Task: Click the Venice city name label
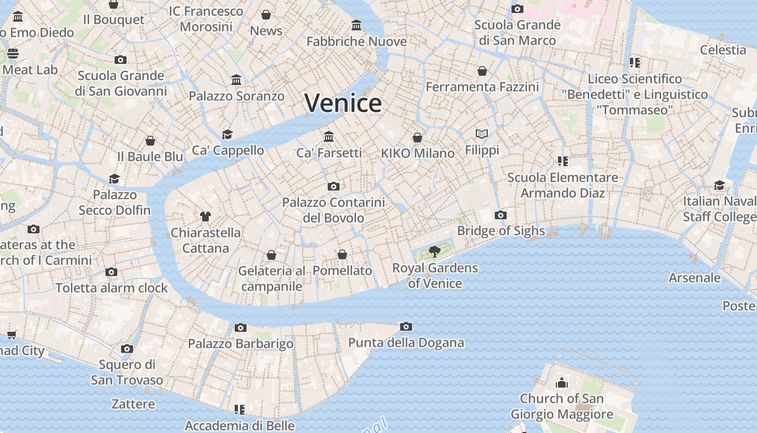point(343,103)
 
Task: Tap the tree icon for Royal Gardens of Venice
point(434,251)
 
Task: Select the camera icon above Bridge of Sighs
point(500,215)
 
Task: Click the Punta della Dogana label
point(406,343)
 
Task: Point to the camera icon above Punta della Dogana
point(406,326)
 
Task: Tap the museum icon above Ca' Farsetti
point(329,136)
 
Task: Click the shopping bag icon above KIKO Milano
point(417,137)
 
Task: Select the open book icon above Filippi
point(482,134)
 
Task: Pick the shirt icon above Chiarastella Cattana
point(205,216)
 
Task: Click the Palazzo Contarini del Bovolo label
point(334,210)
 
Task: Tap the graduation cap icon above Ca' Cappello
point(228,134)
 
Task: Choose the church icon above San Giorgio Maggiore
point(562,383)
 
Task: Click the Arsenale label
point(695,278)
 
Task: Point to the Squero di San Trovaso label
point(127,372)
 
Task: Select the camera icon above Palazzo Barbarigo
point(241,327)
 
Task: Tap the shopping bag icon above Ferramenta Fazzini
point(482,71)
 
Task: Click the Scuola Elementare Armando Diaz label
point(563,185)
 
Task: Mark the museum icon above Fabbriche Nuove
point(356,25)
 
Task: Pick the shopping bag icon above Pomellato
point(342,254)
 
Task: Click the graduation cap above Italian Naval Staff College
point(719,185)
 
